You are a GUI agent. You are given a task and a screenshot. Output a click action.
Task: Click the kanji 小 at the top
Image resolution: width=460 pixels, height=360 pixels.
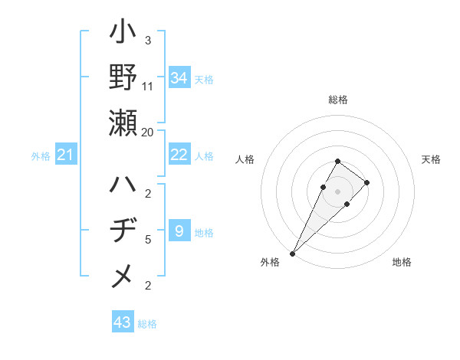[123, 35]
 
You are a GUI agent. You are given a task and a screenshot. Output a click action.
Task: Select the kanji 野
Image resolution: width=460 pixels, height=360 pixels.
[123, 79]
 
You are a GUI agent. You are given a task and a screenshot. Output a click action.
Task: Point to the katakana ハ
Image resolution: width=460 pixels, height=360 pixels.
[123, 186]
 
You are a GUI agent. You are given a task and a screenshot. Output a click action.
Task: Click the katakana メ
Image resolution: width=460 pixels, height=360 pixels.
[123, 277]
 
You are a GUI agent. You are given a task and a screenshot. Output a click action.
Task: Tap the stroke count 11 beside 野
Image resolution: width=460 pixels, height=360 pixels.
[148, 87]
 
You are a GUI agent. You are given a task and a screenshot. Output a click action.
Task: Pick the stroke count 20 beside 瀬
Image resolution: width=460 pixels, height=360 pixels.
[148, 132]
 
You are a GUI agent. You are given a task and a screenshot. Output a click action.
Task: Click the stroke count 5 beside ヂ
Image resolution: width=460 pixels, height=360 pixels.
[148, 239]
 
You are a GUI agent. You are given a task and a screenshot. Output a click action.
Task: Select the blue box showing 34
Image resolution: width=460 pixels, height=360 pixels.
[179, 78]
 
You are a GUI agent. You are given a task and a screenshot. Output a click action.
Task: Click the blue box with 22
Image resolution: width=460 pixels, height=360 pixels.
[179, 155]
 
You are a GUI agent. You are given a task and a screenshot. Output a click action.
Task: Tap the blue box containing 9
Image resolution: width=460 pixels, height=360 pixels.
[179, 231]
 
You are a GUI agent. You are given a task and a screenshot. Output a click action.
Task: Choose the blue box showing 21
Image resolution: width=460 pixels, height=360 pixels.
[66, 155]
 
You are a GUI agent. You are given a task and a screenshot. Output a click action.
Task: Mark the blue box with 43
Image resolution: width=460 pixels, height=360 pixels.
[122, 322]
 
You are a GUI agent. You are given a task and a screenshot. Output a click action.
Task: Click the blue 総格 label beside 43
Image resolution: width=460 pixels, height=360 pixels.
[147, 324]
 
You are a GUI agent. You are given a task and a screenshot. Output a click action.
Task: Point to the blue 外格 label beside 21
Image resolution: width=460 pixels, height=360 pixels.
[41, 156]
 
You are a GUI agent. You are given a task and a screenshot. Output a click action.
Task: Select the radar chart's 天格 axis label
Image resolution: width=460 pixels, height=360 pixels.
[431, 159]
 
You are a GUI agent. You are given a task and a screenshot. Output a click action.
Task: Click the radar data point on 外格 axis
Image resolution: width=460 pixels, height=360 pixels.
[292, 253]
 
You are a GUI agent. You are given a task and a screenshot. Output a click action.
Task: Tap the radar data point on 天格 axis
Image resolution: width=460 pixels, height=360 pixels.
[367, 182]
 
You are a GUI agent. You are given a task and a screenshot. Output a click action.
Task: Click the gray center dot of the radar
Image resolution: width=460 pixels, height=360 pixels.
[338, 191]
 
